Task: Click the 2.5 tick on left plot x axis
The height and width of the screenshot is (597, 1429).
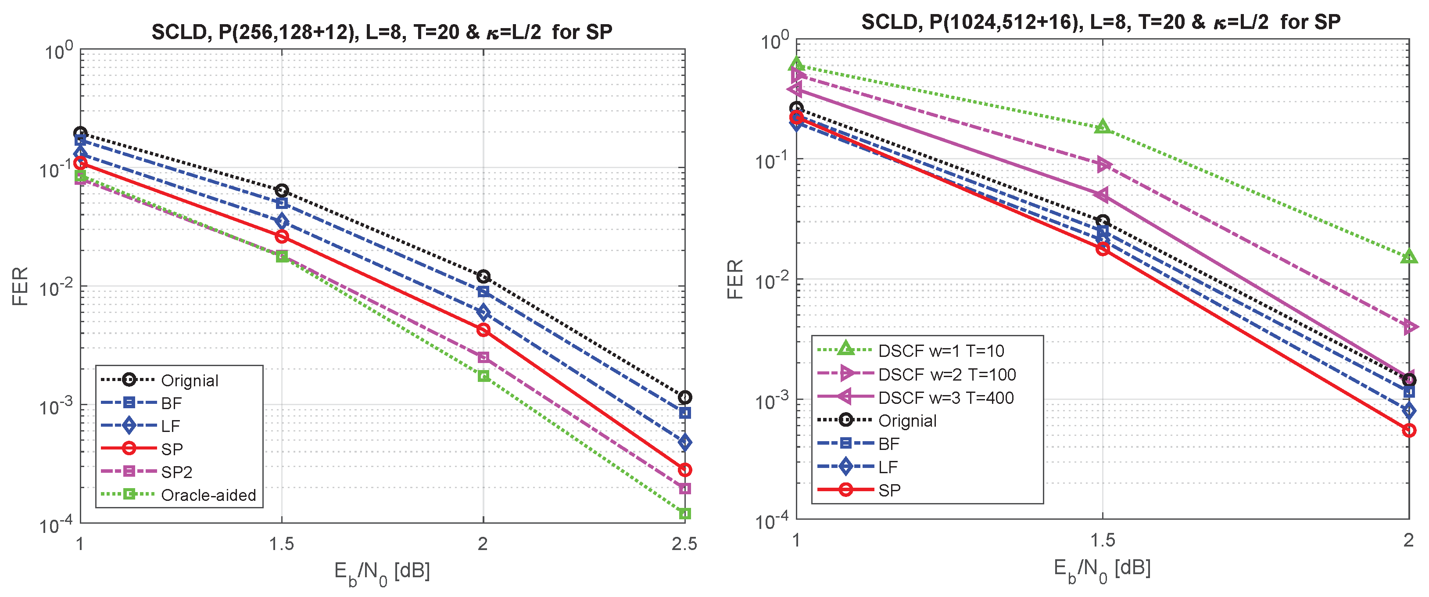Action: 684,544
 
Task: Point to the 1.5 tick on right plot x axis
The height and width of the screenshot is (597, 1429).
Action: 1102,540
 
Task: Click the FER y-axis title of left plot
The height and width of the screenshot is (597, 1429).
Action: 20,286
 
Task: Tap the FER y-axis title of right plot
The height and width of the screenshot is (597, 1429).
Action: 734,279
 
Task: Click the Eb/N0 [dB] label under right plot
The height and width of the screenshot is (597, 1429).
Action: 1102,569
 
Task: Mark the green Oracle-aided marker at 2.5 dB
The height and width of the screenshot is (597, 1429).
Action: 684,513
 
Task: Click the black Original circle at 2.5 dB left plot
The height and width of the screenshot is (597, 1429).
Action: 684,397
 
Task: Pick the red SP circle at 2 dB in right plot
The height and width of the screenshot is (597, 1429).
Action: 1408,430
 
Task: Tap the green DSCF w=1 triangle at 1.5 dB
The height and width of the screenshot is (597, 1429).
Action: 1102,127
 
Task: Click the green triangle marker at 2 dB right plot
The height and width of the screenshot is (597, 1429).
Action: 1408,257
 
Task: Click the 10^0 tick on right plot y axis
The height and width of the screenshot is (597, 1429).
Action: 772,40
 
